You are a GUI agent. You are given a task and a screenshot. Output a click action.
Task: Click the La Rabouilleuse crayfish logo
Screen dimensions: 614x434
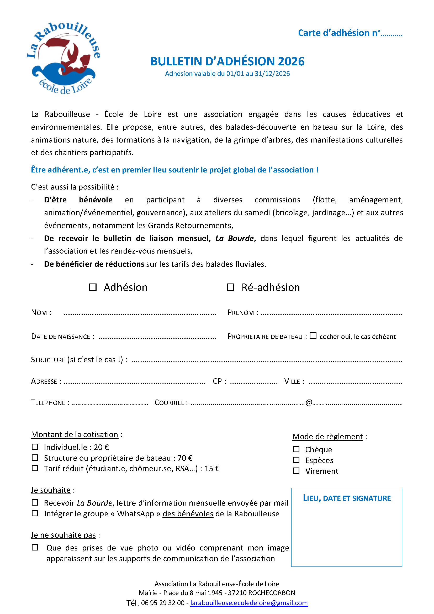click(x=63, y=58)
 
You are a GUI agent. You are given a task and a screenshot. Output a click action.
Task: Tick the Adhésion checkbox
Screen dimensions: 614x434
click(x=93, y=287)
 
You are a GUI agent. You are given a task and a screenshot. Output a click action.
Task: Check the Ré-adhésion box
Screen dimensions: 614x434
click(x=230, y=287)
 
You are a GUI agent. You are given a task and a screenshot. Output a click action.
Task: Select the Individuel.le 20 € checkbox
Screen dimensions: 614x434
click(x=35, y=447)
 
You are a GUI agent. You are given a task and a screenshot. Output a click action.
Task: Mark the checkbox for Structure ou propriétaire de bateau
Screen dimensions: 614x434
click(x=35, y=458)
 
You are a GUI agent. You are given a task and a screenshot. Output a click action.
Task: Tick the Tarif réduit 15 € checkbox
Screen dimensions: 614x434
click(x=35, y=468)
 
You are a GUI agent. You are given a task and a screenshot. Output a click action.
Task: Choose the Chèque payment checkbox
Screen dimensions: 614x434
click(x=296, y=449)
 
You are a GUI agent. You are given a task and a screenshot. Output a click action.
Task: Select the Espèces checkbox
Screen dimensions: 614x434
click(x=296, y=460)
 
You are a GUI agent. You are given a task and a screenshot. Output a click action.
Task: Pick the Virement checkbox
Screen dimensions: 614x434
click(x=296, y=471)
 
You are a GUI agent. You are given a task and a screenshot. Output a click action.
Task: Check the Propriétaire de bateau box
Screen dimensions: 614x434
click(x=313, y=336)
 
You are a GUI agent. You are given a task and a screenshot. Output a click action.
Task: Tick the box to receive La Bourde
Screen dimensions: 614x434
click(x=35, y=502)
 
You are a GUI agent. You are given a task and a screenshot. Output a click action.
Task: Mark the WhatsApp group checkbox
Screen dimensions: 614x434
click(x=35, y=513)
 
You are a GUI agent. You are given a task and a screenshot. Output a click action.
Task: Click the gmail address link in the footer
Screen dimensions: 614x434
click(x=249, y=603)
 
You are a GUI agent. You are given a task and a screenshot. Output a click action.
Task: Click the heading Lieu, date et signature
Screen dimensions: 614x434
click(x=347, y=498)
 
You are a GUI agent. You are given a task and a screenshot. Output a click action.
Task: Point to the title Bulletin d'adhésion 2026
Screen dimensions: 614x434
click(x=227, y=61)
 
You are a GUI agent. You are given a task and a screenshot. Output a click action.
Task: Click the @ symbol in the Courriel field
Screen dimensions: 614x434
click(x=309, y=402)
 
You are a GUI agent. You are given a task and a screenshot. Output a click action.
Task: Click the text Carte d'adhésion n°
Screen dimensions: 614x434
click(x=338, y=33)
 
